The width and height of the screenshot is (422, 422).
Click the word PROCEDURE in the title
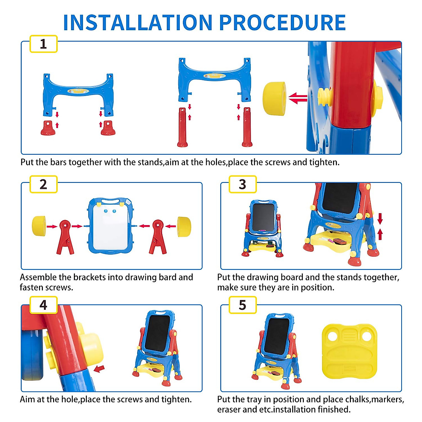pyautogui.click(x=282, y=23)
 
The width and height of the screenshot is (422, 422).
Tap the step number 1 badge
pyautogui.click(x=43, y=44)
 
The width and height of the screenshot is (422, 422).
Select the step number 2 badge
pyautogui.click(x=43, y=184)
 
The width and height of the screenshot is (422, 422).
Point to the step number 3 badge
pyautogui.click(x=242, y=184)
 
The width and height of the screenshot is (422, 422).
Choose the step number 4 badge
pyautogui.click(x=43, y=305)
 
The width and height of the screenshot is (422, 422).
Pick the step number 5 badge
pyautogui.click(x=242, y=305)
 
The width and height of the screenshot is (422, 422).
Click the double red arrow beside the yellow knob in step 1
pyautogui.click(x=298, y=98)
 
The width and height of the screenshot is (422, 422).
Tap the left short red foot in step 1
pyautogui.click(x=48, y=128)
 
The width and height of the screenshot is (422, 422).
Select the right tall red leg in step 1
pyautogui.click(x=247, y=127)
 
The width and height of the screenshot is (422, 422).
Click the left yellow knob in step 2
pyautogui.click(x=39, y=226)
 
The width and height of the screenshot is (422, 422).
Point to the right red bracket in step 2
pyautogui.click(x=158, y=237)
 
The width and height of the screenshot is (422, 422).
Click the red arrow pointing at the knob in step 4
pyautogui.click(x=99, y=369)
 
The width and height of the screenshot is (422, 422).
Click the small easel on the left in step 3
pyautogui.click(x=262, y=229)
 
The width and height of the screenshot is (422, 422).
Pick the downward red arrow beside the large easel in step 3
pyautogui.click(x=380, y=218)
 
